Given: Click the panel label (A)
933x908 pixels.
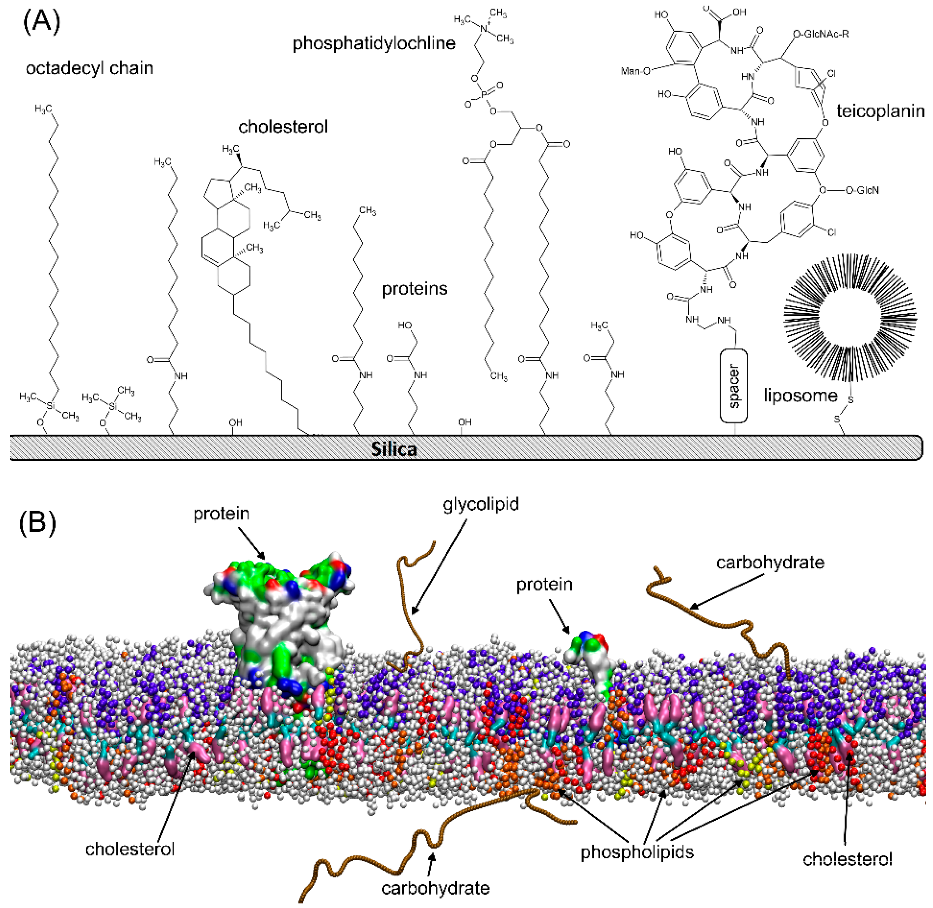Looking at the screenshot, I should [42, 23].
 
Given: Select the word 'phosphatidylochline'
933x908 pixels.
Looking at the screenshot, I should [374, 43].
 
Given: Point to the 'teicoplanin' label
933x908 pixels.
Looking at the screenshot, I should [881, 112].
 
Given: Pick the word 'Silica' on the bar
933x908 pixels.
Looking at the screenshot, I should [394, 449].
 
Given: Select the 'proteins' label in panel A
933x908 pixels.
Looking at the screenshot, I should [414, 289].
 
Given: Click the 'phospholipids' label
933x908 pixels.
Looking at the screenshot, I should [637, 852].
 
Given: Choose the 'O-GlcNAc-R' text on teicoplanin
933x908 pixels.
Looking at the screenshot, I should [821, 34].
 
